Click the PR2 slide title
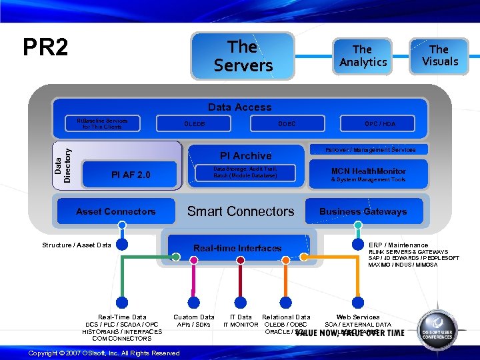point(45,47)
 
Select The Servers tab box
point(243,56)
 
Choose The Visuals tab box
point(439,55)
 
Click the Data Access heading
point(240,107)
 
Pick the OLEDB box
point(194,124)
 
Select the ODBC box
point(287,124)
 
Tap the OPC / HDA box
point(379,124)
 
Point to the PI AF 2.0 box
point(131,175)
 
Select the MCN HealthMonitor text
point(368,171)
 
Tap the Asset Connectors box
point(115,211)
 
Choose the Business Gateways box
point(363,211)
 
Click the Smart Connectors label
point(240,211)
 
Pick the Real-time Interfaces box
point(237,248)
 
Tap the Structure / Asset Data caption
point(77,245)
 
